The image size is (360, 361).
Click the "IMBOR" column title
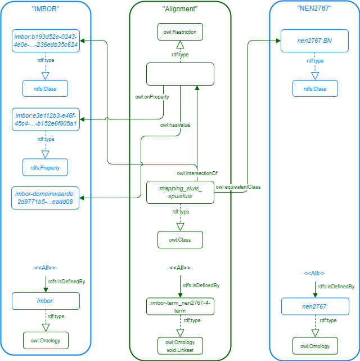(x=45, y=10)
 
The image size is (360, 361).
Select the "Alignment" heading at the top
(x=179, y=10)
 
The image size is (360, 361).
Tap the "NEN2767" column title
(x=314, y=10)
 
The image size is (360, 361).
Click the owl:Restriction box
(x=180, y=32)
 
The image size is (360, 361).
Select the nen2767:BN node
(x=314, y=41)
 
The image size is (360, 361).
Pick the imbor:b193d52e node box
(x=46, y=41)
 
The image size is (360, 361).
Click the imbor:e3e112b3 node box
(x=46, y=119)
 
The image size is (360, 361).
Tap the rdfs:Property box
(x=45, y=167)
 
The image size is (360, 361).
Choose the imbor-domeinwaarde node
(x=46, y=198)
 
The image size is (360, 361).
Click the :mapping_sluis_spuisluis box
(x=180, y=193)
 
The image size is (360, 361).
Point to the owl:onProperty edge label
(x=152, y=97)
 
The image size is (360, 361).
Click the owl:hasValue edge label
(x=175, y=125)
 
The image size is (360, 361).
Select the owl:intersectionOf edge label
(x=197, y=173)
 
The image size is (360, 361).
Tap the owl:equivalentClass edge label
(x=238, y=186)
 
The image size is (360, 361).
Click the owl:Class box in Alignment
(x=180, y=240)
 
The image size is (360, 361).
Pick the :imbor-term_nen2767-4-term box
(x=180, y=306)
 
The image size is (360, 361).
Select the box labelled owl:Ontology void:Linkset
(x=180, y=345)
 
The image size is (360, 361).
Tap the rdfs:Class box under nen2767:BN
(x=314, y=88)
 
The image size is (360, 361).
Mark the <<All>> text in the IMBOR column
(x=45, y=267)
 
